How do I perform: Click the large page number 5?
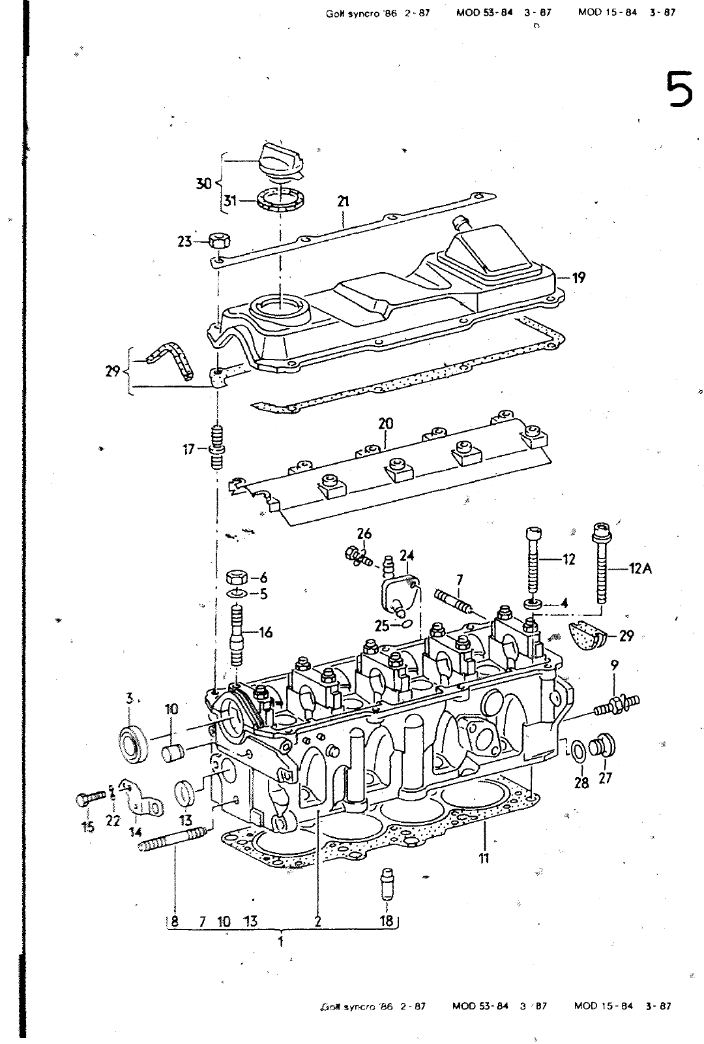677,90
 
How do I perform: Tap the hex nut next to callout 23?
219,241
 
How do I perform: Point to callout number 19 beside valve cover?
578,277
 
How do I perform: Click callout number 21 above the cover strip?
343,202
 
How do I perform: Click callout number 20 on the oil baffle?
386,423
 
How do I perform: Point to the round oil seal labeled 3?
134,743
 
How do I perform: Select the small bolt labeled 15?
89,797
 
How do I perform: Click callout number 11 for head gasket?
484,858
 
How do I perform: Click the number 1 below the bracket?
280,942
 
